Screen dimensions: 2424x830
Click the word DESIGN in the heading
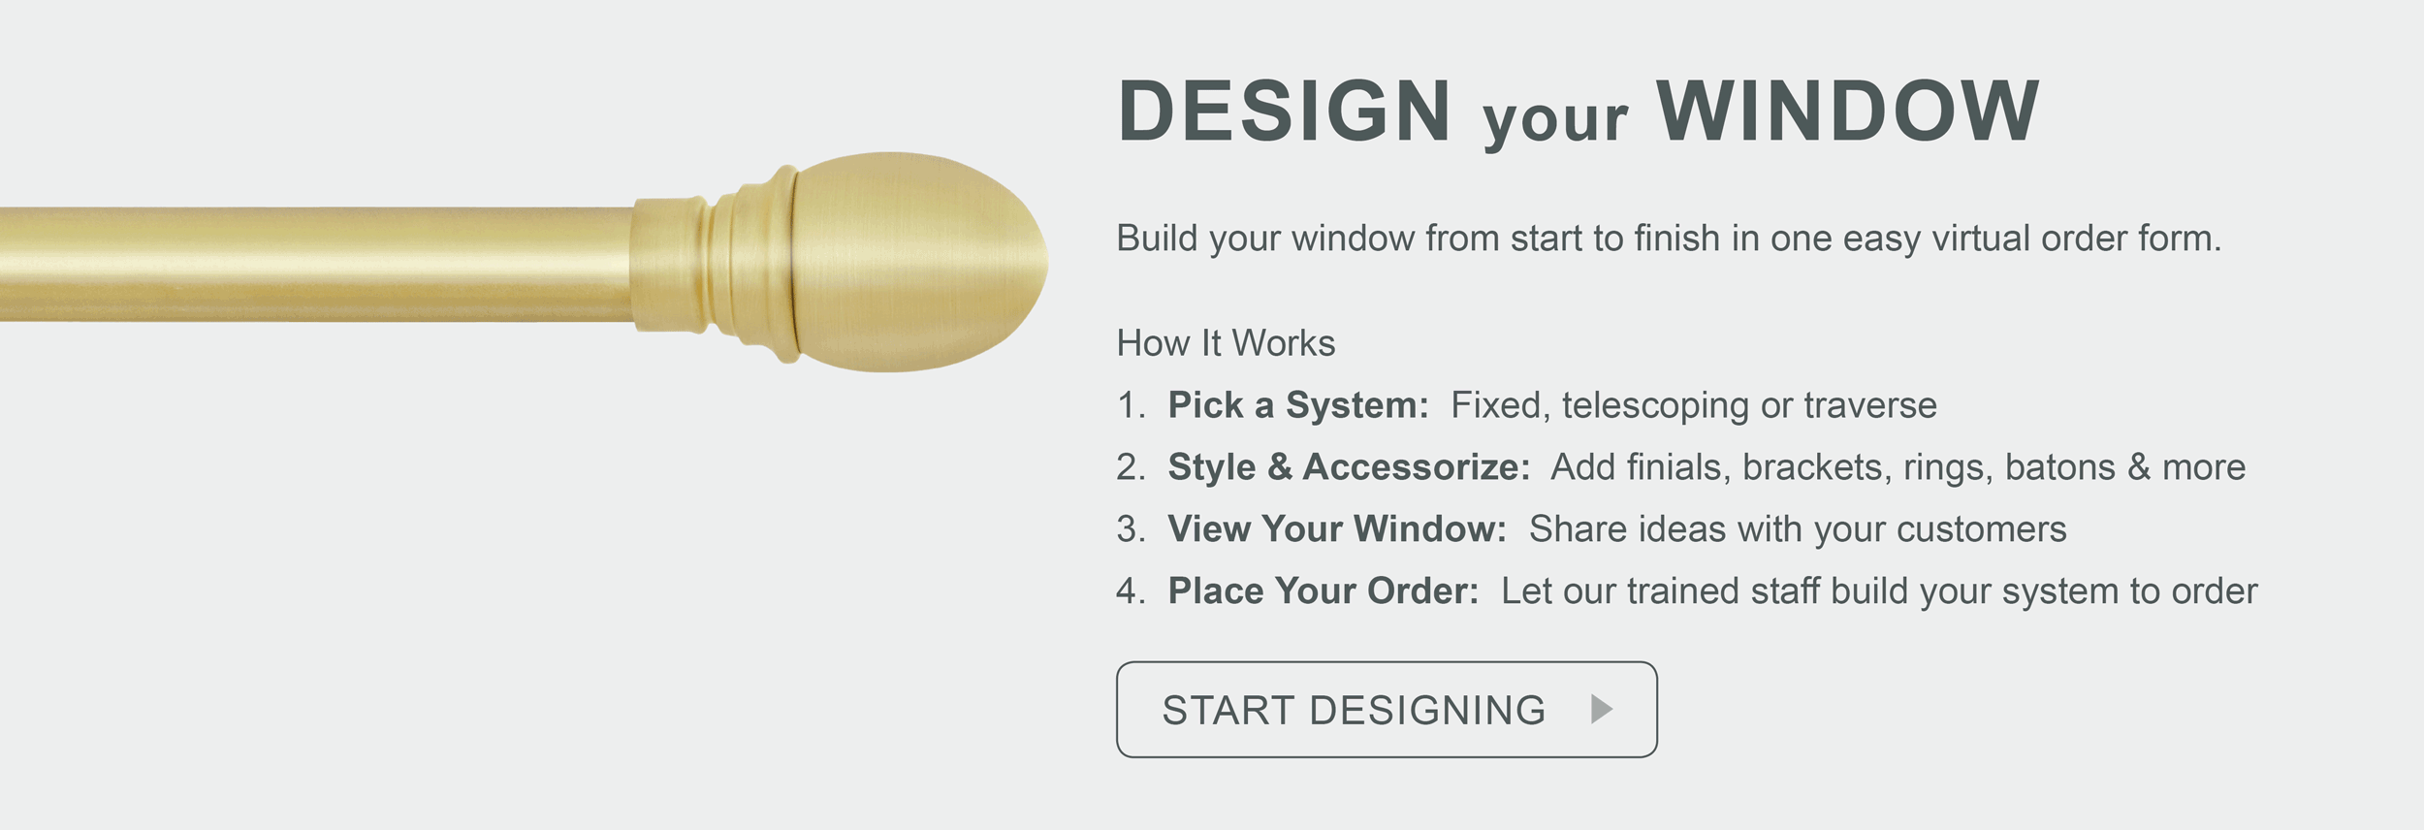tap(1285, 111)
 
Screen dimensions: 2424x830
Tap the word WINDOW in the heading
tap(1848, 111)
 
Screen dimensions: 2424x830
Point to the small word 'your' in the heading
tap(1555, 120)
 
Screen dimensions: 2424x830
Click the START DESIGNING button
tap(1387, 710)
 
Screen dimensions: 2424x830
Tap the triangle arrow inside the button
tap(1602, 710)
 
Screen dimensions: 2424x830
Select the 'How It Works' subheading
tap(1226, 343)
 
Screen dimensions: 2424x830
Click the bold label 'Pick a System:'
tap(1298, 405)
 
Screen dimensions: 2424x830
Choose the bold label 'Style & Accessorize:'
tap(1349, 467)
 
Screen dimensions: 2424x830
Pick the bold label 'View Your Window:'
tap(1337, 529)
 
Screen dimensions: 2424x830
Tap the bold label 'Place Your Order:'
tap(1324, 591)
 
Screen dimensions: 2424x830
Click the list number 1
tap(1131, 405)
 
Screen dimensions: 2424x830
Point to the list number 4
tap(1131, 591)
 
